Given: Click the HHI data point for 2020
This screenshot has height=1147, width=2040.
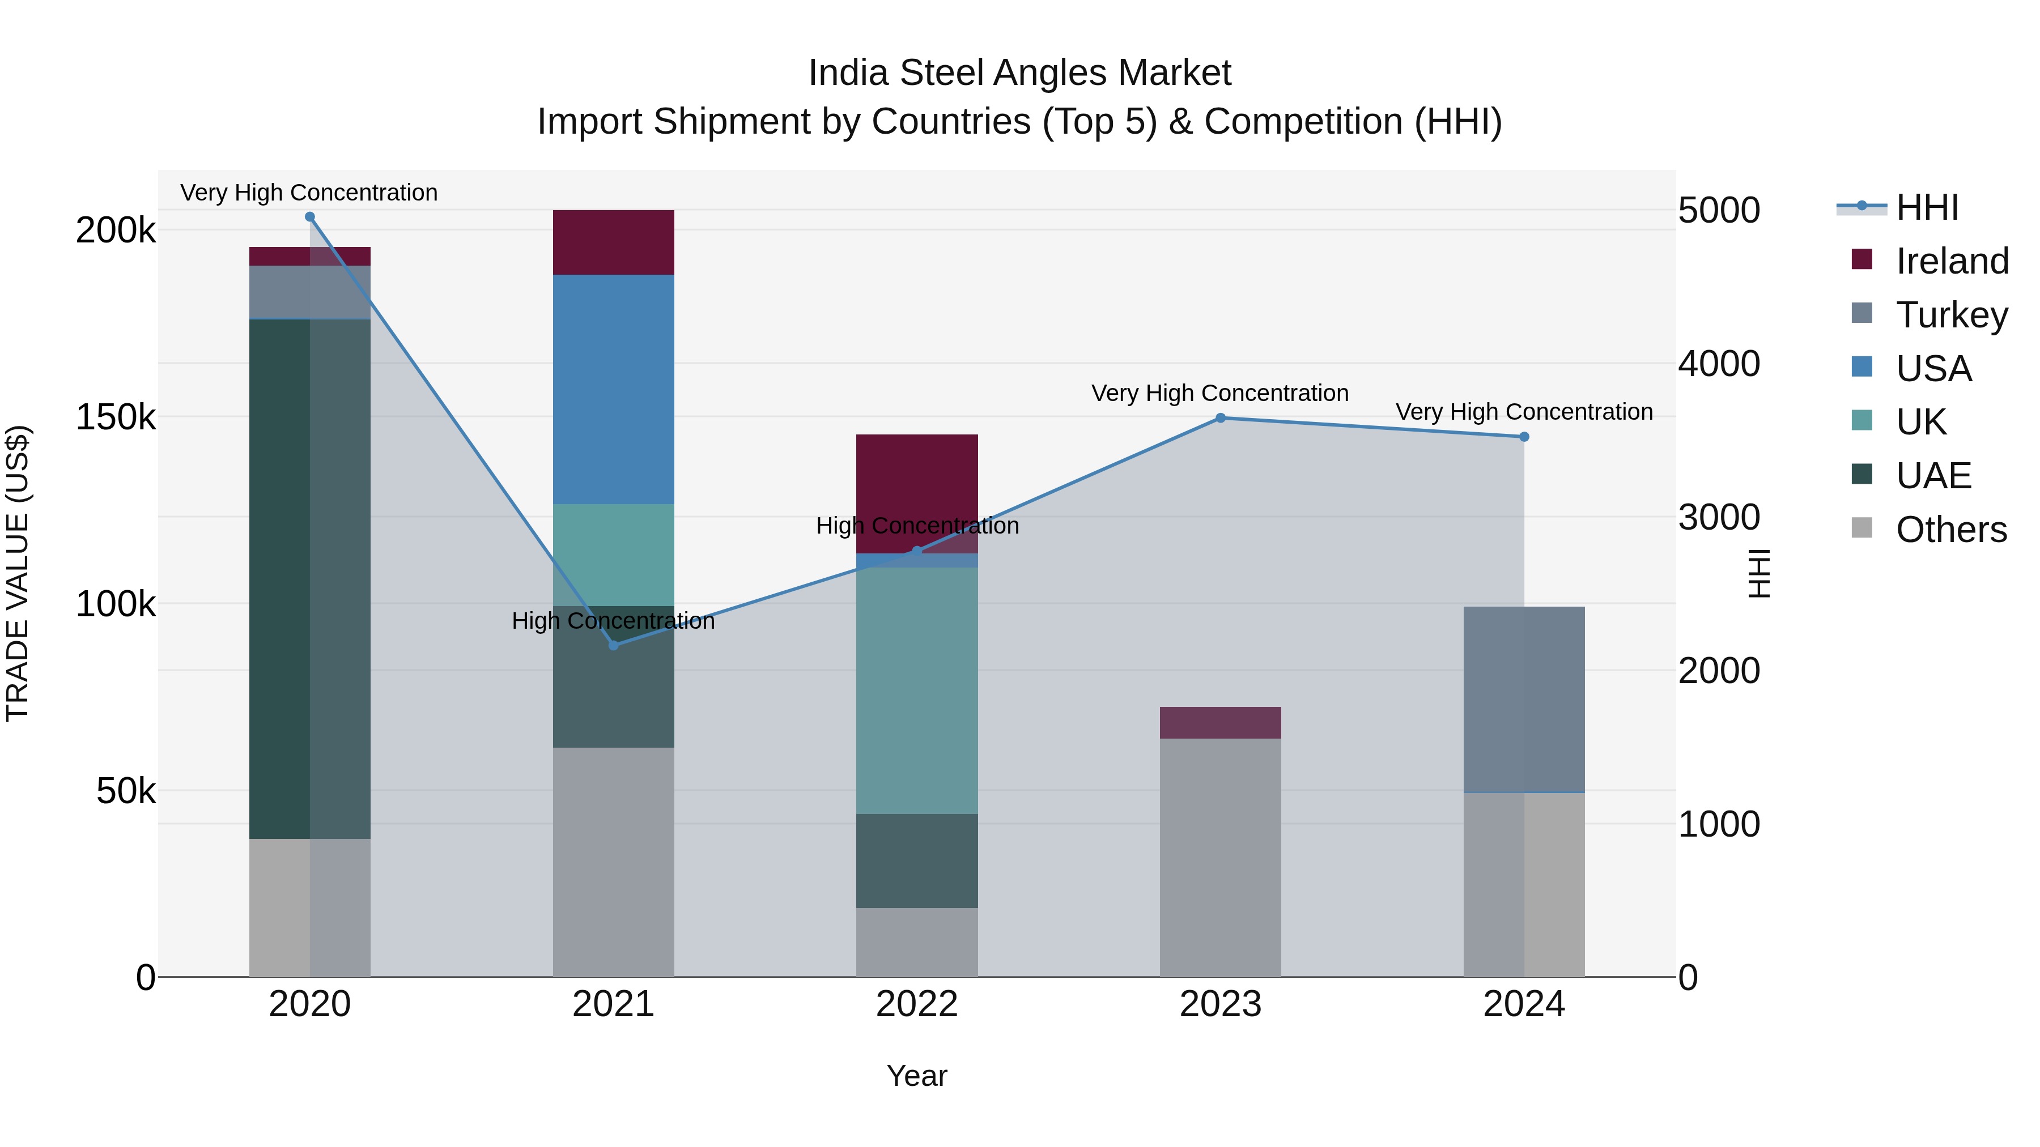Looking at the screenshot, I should tap(309, 217).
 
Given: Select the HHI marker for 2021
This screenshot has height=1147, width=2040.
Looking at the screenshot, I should tap(613, 645).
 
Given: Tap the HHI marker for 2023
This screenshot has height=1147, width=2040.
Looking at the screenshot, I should tap(1221, 418).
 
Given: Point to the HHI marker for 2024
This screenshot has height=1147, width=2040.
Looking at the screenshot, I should tap(1524, 437).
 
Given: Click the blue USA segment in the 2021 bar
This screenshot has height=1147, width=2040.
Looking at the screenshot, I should tap(613, 389).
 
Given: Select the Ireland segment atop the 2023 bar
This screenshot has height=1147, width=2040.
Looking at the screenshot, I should tap(1221, 723).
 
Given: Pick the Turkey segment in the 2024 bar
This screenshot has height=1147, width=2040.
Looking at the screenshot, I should tap(1524, 700).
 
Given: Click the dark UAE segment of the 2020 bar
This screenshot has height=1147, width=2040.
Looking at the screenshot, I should tap(279, 578).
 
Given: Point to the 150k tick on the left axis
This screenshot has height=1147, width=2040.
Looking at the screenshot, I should tap(116, 417).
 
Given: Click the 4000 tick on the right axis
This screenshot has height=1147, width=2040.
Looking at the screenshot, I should tap(1719, 364).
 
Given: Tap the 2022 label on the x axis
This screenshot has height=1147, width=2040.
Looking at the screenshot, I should tap(916, 1004).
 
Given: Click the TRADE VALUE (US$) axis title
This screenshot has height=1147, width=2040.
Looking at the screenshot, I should tap(18, 573).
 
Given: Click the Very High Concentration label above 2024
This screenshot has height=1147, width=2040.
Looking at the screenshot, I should tap(1524, 412).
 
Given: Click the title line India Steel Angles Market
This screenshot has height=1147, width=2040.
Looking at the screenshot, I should tap(1019, 73).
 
